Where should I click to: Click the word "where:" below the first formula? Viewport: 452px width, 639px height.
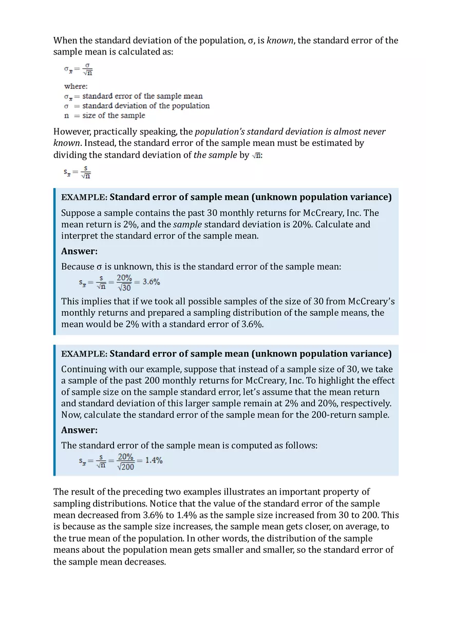tap(76, 86)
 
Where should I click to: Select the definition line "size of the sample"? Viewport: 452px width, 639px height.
tap(114, 116)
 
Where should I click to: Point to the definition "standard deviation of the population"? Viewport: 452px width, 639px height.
tap(146, 106)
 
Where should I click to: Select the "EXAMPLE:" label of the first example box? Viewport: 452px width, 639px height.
tap(84, 197)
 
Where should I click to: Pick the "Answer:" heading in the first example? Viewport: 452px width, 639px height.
tap(79, 251)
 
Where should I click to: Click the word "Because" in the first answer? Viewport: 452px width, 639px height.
tap(78, 267)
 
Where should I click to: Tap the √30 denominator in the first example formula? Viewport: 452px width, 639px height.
tap(124, 287)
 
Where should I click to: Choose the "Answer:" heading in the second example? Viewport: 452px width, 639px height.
tap(79, 430)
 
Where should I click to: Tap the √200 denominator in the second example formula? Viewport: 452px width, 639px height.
tap(125, 466)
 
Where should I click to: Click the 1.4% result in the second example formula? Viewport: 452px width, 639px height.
tap(154, 460)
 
